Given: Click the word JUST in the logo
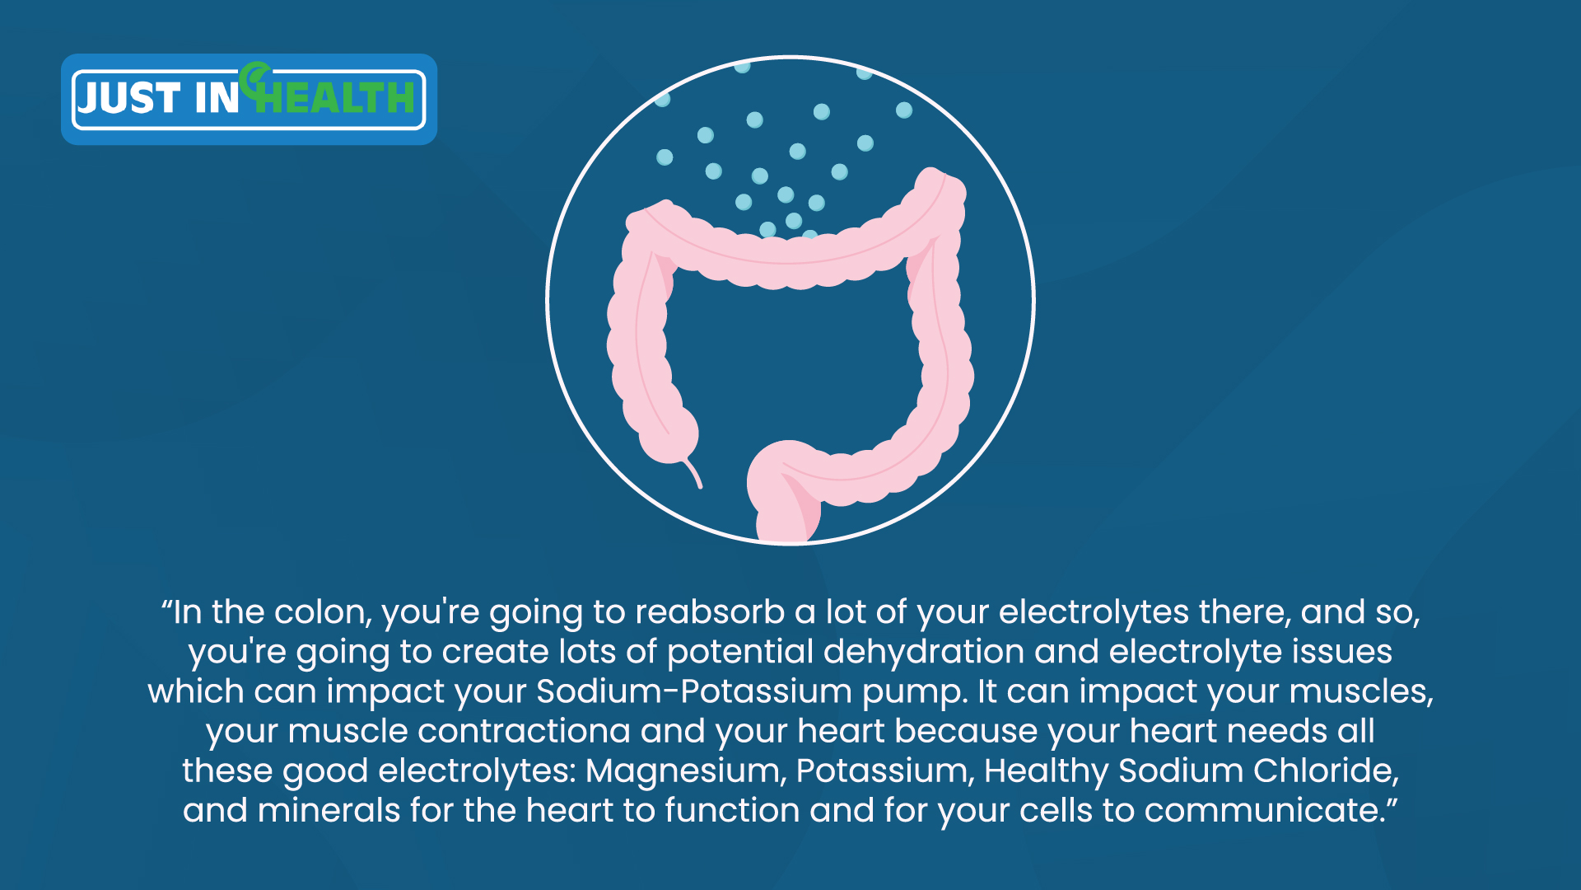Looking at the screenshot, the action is (x=128, y=98).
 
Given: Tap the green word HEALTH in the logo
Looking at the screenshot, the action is (x=334, y=97).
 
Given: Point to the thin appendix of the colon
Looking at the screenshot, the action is (x=693, y=474).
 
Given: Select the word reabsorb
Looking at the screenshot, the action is (x=710, y=612).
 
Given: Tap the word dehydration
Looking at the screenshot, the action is (x=924, y=652).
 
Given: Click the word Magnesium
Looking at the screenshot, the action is (x=685, y=771).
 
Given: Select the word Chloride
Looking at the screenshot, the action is (x=1326, y=771).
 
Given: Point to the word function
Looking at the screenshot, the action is (x=732, y=810).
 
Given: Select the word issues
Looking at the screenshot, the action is (x=1342, y=652).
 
